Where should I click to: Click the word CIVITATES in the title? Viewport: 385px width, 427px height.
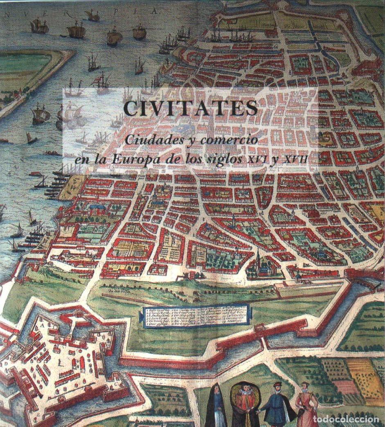(x=191, y=109)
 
